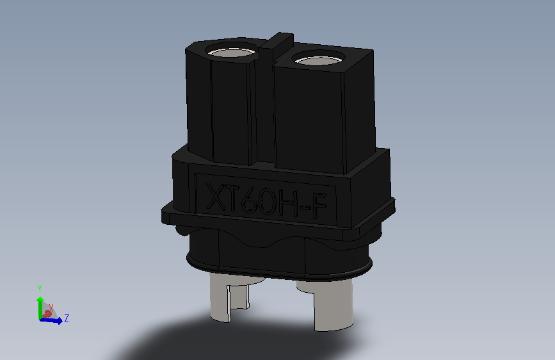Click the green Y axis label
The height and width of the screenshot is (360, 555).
click(x=40, y=288)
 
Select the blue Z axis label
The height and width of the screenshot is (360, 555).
click(x=67, y=318)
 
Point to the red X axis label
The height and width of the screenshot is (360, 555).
click(x=51, y=307)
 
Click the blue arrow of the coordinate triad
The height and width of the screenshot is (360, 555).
click(x=54, y=320)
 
